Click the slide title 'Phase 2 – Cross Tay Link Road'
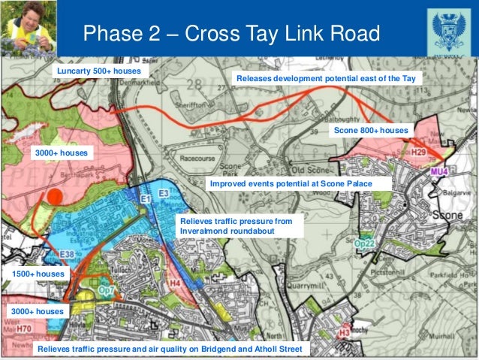tap(231, 33)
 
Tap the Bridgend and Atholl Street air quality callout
tap(170, 349)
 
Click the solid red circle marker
tap(53, 197)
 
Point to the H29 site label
tap(418, 153)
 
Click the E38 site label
tap(67, 254)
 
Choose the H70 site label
tap(24, 328)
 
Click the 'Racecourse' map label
tap(197, 159)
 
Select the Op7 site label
tap(107, 290)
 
